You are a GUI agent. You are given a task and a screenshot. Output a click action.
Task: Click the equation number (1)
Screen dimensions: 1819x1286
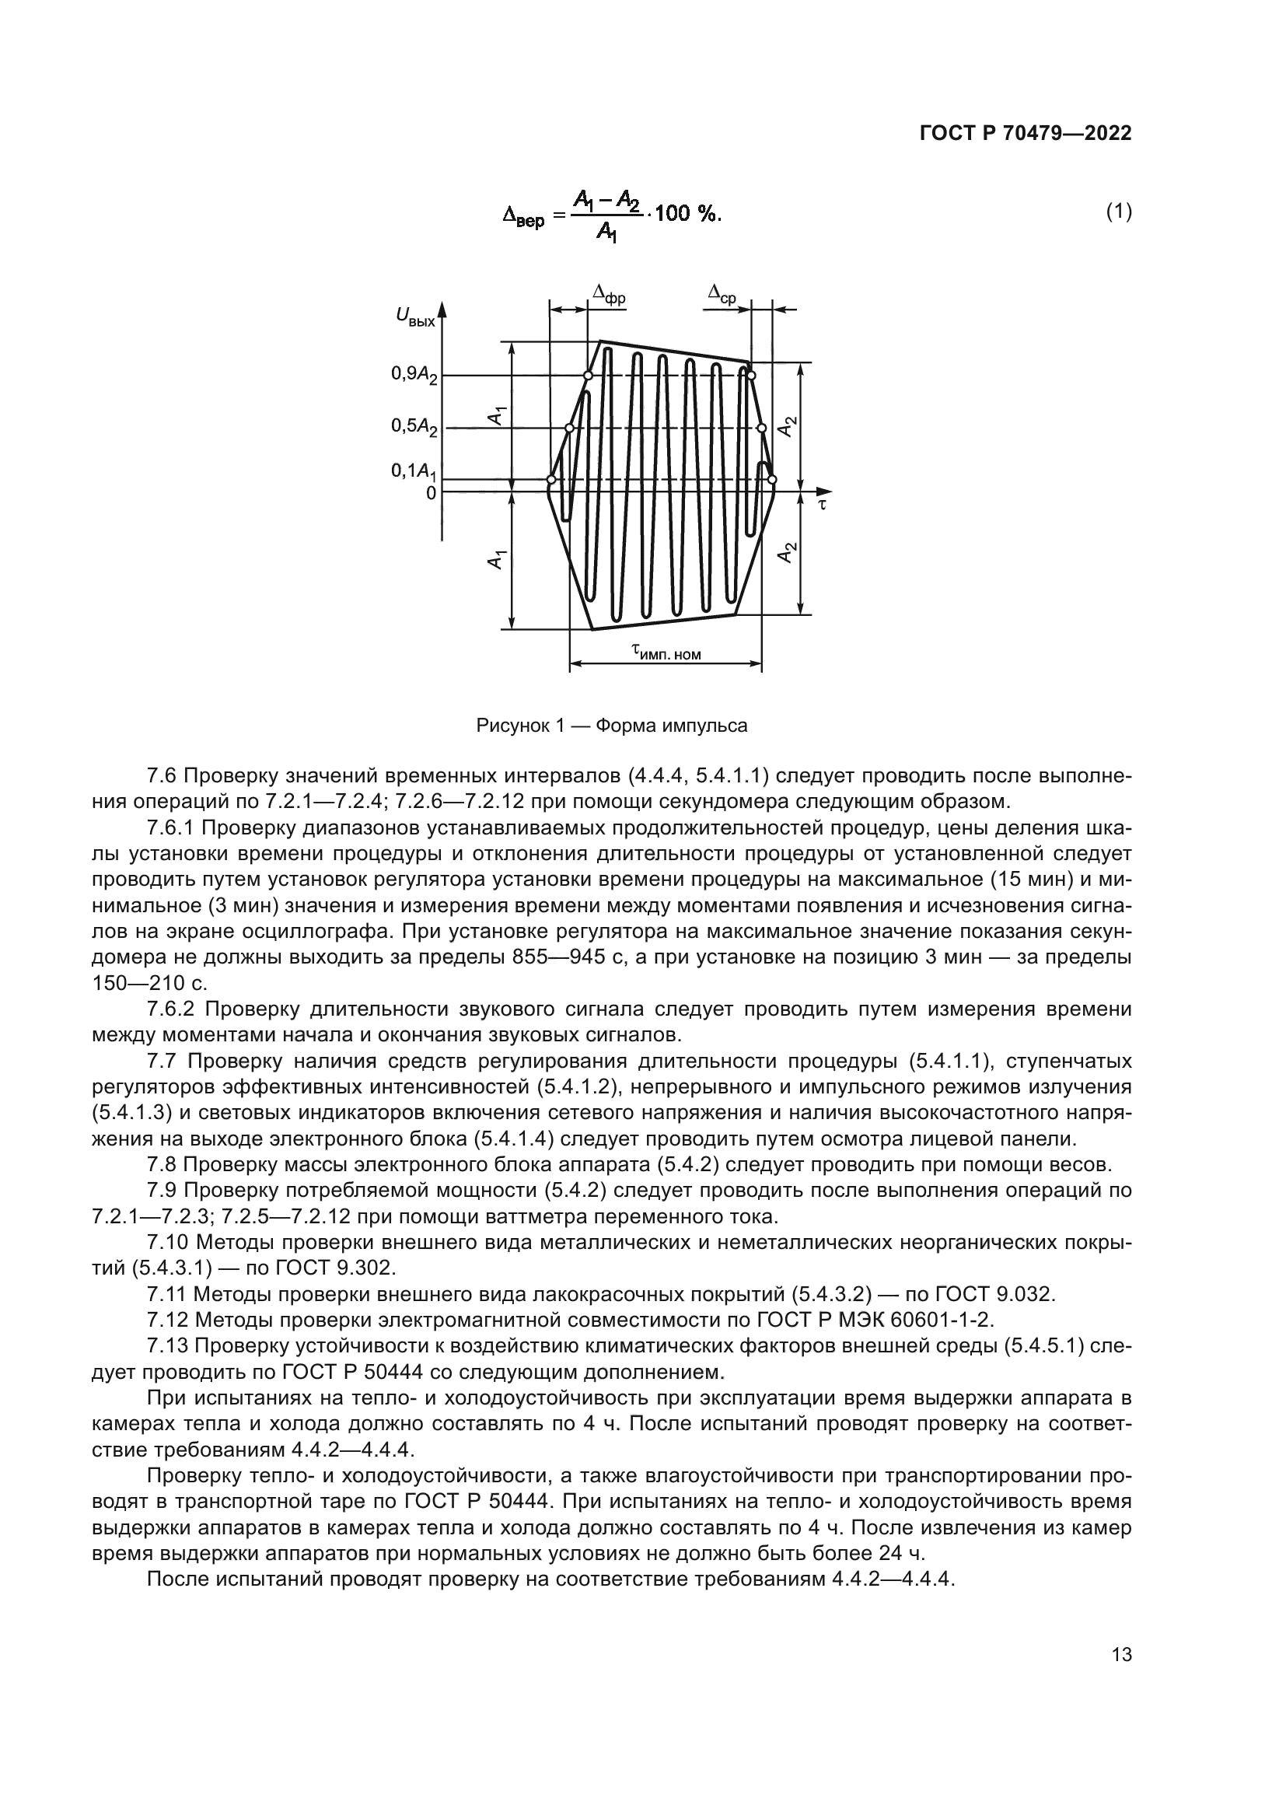click(1118, 212)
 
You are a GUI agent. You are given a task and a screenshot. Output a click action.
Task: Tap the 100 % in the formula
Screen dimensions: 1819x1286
click(687, 214)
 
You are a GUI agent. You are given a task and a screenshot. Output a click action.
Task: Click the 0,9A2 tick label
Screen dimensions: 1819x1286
click(414, 375)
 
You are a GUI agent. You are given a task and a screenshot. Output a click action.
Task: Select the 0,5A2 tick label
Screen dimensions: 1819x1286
click(414, 427)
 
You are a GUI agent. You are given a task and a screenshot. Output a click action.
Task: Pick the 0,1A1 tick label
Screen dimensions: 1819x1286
click(414, 471)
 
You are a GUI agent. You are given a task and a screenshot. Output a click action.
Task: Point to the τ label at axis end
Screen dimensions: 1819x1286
click(822, 504)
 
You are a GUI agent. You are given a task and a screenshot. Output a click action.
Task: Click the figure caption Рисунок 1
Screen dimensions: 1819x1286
click(611, 725)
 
